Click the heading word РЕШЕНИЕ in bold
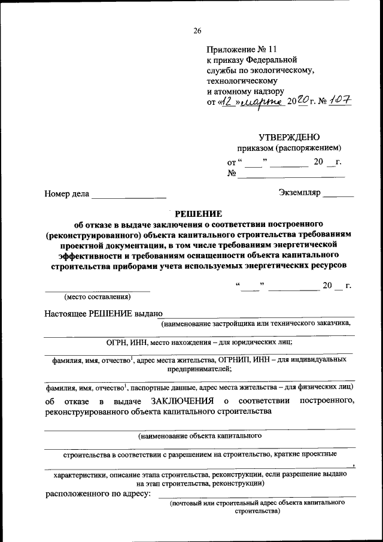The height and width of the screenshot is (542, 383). pyautogui.click(x=197, y=214)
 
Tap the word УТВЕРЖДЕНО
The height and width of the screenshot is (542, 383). pyautogui.click(x=286, y=137)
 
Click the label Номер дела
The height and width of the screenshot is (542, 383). pyautogui.click(x=66, y=193)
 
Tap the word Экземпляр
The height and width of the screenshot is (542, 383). pyautogui.click(x=300, y=193)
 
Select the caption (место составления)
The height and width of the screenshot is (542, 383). pyautogui.click(x=97, y=296)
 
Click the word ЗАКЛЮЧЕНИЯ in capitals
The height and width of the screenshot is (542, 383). pyautogui.click(x=183, y=400)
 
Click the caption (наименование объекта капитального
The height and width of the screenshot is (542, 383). pyautogui.click(x=199, y=436)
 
